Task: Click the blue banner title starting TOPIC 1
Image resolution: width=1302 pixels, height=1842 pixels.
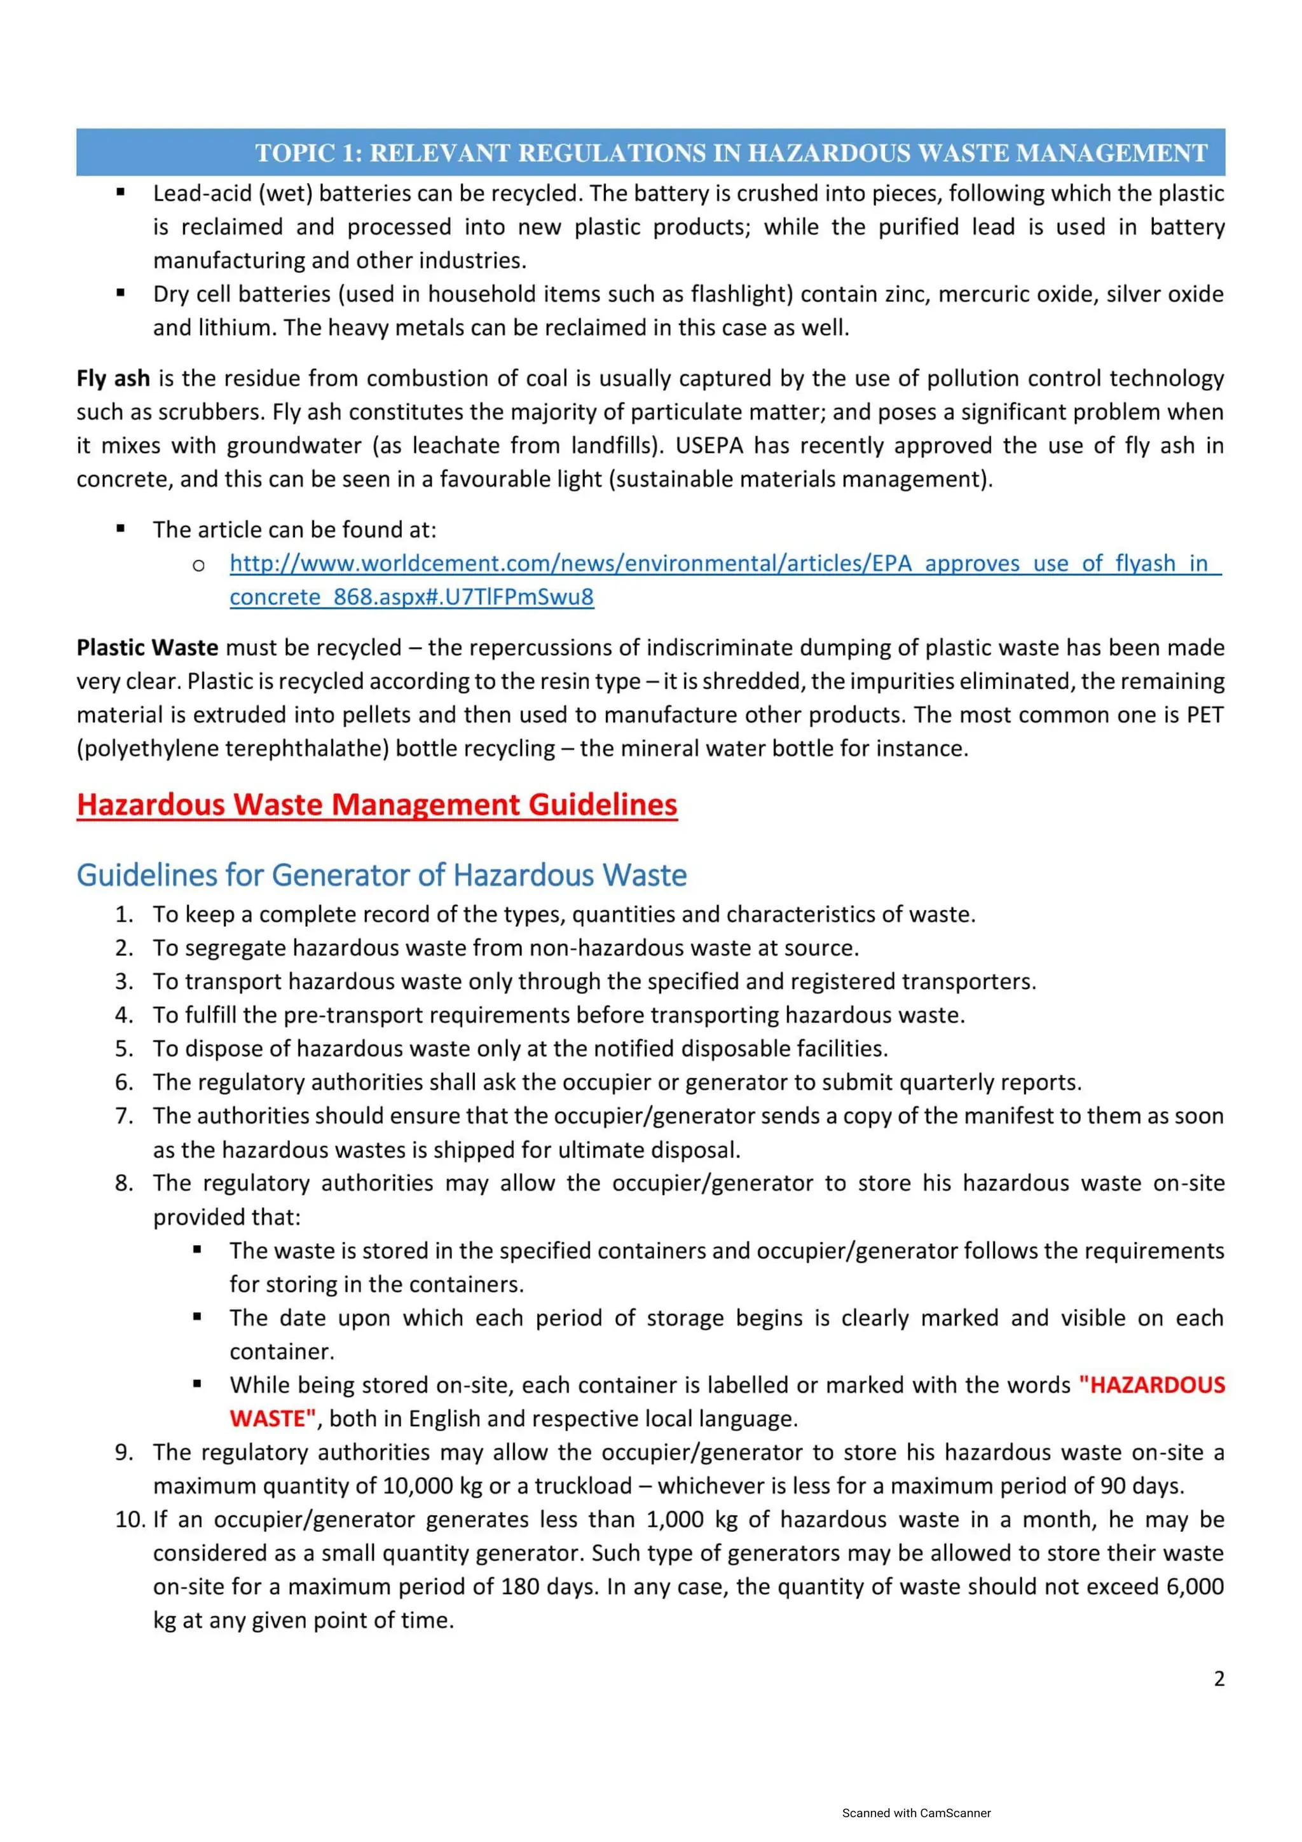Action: (731, 153)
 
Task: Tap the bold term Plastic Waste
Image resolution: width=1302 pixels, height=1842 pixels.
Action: (147, 648)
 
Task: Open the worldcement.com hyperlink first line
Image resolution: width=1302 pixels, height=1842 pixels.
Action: (724, 563)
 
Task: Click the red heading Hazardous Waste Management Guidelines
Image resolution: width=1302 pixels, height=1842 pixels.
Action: (377, 805)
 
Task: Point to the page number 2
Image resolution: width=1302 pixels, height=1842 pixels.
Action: (1219, 1679)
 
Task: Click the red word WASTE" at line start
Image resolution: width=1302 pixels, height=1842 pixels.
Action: (273, 1419)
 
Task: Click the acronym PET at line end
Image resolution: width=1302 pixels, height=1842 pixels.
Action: (1204, 715)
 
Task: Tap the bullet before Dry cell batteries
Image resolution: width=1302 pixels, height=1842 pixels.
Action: (120, 293)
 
